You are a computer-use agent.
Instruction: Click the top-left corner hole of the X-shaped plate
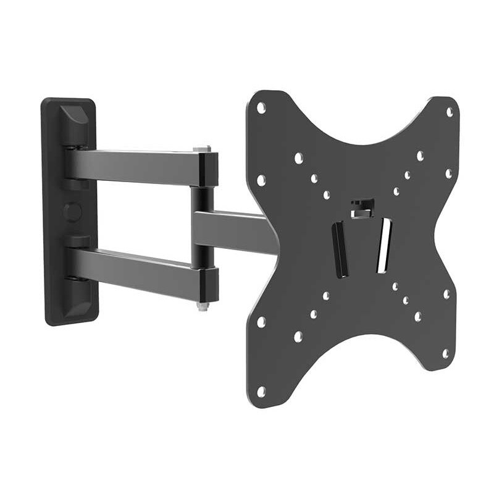pos(262,107)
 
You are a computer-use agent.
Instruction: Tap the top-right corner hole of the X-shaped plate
pos(449,112)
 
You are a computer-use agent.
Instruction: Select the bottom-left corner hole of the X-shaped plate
pos(261,390)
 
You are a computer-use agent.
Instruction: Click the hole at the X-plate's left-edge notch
pos(261,180)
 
